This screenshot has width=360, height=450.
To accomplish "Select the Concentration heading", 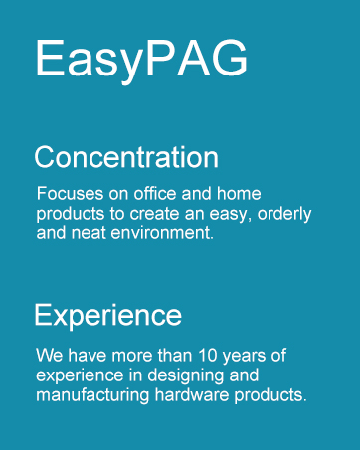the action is coord(126,157).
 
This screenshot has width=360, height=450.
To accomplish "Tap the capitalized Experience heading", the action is coord(108,315).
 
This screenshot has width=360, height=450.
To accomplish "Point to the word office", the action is coord(155,193).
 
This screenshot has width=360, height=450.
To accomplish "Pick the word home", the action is coord(239,193).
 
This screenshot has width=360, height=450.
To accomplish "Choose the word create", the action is coord(154,214).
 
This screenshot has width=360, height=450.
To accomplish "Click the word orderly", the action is coord(284,215).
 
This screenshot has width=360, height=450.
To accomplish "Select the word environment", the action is coord(162,233).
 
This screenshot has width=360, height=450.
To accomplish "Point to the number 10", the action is coord(208,356).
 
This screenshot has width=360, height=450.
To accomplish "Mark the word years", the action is coord(244,357).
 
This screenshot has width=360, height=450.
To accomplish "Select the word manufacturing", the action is coord(92,396).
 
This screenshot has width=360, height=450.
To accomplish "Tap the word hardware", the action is coord(192,395).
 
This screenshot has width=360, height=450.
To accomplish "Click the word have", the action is coord(88,356).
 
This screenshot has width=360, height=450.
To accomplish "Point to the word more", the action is coord(132,356).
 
